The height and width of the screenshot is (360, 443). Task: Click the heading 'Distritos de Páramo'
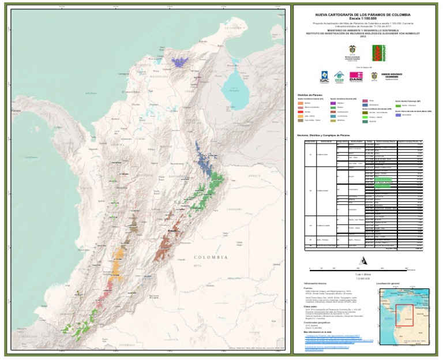(x=310, y=95)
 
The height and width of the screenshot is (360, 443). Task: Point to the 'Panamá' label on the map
(x=16, y=110)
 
